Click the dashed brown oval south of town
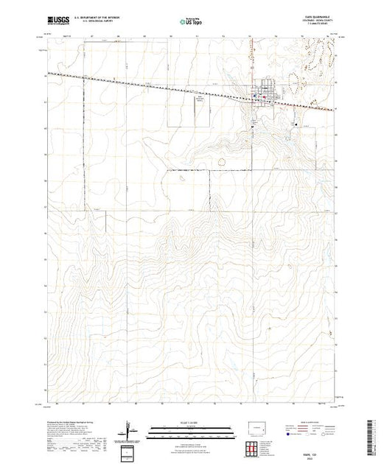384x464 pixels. [x=220, y=159]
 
